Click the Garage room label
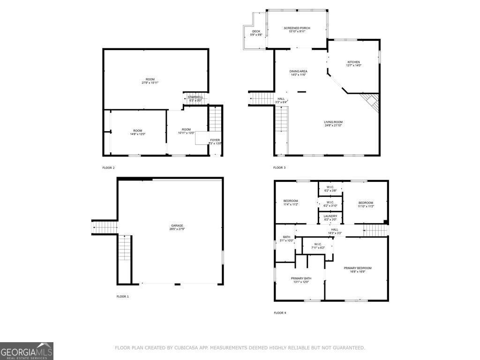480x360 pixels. point(177,227)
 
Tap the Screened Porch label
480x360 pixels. point(297,30)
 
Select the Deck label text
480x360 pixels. point(256,33)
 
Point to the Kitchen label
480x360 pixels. point(353,64)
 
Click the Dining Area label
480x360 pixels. point(298,73)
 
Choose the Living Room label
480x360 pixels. point(333,123)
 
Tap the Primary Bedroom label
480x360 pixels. point(357,270)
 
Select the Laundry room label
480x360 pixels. point(330,217)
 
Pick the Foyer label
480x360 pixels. point(215,142)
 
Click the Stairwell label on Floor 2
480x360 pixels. point(195,98)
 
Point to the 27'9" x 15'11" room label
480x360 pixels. point(150,81)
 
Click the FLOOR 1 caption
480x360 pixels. point(122,297)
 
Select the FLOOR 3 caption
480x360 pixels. point(279,168)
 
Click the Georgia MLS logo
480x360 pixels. point(27,351)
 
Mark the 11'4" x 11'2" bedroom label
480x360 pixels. point(291,202)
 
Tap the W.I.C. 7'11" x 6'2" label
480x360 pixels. point(317,246)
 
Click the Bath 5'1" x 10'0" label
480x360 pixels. point(286,239)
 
